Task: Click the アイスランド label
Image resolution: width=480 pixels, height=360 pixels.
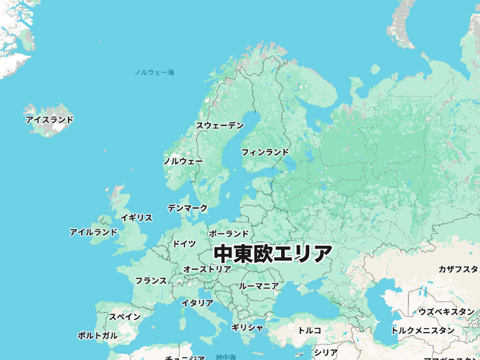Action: pyautogui.click(x=49, y=120)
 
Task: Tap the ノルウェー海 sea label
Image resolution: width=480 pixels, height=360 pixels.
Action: pyautogui.click(x=155, y=73)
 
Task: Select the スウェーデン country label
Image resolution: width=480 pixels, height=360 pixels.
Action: pyautogui.click(x=220, y=126)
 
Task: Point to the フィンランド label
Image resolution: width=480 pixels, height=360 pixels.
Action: pyautogui.click(x=265, y=152)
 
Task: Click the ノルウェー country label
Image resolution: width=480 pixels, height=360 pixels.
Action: pyautogui.click(x=183, y=161)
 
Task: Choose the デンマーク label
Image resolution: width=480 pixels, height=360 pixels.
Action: pyautogui.click(x=188, y=208)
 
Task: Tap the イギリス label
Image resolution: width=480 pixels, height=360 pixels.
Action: pyautogui.click(x=137, y=218)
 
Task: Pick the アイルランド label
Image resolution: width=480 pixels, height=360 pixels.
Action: pyautogui.click(x=94, y=232)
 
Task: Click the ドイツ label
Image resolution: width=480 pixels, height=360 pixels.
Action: pyautogui.click(x=184, y=244)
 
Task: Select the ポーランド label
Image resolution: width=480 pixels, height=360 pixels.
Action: pyautogui.click(x=229, y=234)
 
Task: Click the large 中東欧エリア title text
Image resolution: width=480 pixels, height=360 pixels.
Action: pyautogui.click(x=273, y=253)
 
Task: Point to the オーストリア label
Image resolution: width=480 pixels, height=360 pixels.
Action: pyautogui.click(x=207, y=270)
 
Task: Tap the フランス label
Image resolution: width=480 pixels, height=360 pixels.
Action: pyautogui.click(x=151, y=281)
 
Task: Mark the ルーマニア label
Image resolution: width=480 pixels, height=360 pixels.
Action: pyautogui.click(x=259, y=286)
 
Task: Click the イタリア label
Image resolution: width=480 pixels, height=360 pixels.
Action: pyautogui.click(x=197, y=303)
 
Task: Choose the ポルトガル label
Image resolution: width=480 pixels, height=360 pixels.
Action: pyautogui.click(x=97, y=336)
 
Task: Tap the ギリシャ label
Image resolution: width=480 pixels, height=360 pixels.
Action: pyautogui.click(x=247, y=328)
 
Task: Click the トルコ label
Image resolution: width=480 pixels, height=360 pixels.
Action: pyautogui.click(x=310, y=330)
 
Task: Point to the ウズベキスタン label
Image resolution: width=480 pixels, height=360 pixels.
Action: pyautogui.click(x=446, y=311)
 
